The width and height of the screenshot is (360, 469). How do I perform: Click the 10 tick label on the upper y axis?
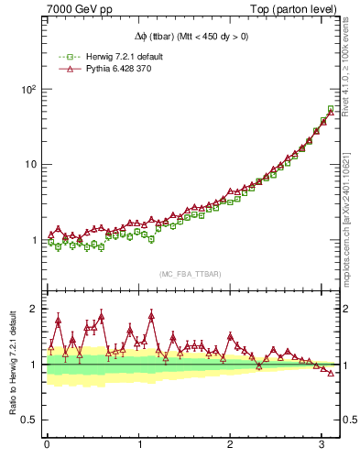(x=29, y=165)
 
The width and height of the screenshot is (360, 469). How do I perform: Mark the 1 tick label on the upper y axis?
(x=33, y=241)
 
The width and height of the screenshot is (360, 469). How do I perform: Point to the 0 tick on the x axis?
(x=47, y=444)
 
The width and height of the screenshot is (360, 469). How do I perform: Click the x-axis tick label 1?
(x=138, y=444)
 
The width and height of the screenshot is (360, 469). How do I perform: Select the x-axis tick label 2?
(x=230, y=444)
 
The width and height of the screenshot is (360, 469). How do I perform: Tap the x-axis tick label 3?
(x=322, y=444)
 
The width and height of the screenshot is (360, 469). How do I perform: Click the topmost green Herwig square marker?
(x=331, y=109)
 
